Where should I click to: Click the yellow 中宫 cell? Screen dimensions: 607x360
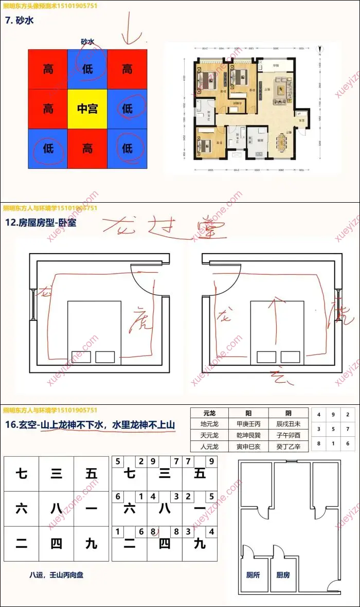point(87,109)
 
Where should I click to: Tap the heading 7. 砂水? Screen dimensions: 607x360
point(20,21)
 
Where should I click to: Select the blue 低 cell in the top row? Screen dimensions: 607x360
point(87,68)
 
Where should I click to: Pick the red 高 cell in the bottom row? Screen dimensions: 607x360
point(87,149)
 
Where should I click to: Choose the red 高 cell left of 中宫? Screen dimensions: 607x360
point(48,109)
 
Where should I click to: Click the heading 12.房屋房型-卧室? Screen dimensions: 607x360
point(41,223)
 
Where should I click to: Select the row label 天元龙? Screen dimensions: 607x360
point(211,435)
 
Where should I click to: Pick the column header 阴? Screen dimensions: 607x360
point(287,413)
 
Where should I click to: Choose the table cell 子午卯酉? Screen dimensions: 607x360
point(288,435)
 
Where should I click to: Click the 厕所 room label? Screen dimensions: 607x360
point(253,575)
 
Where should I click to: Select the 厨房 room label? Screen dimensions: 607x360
point(283,575)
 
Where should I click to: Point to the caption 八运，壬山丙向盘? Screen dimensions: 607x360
point(56,575)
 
